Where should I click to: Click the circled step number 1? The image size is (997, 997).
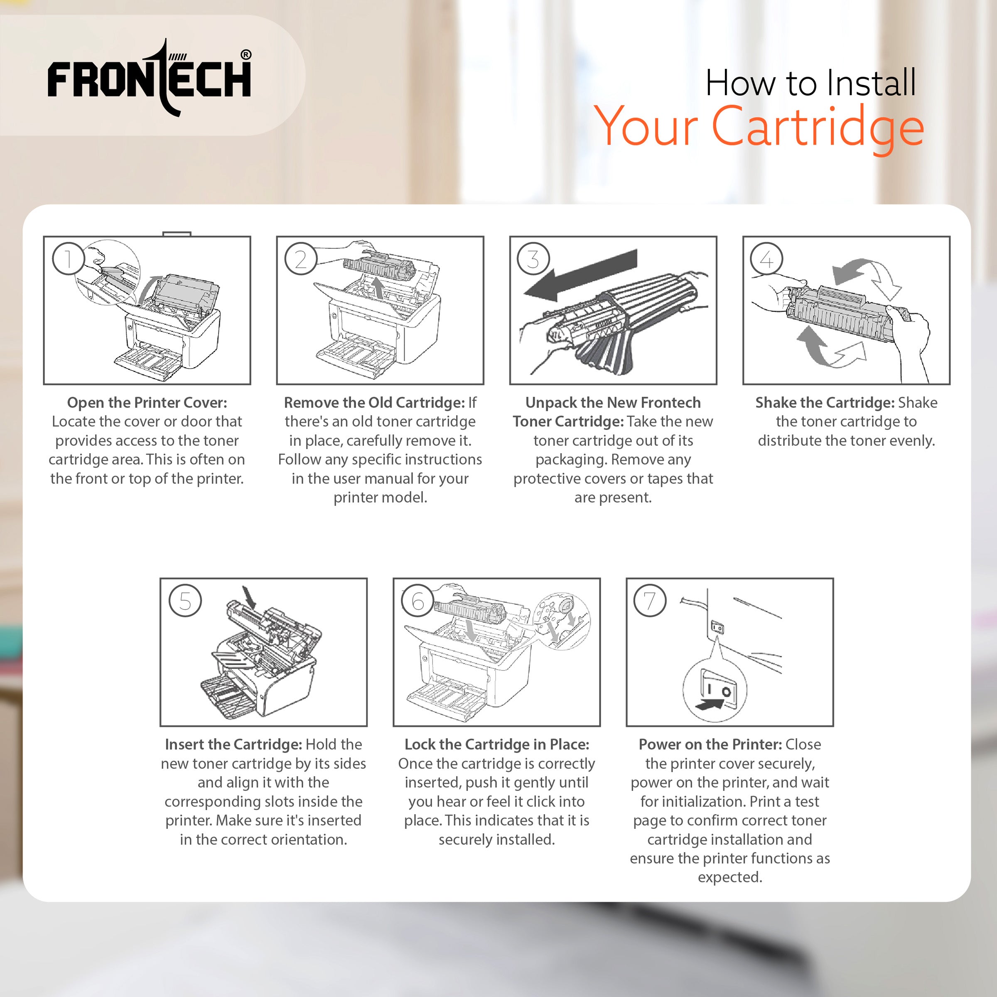coord(68,258)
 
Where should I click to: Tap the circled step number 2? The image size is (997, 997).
coord(301,258)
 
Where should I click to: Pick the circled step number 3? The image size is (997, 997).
coord(533,258)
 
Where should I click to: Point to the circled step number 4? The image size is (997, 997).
coord(766,258)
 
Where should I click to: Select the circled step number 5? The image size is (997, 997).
coord(185,601)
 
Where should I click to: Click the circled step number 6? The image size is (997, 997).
coord(418,601)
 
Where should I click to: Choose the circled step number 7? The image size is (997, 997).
coord(650,601)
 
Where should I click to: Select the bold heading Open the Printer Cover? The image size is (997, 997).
coord(147,403)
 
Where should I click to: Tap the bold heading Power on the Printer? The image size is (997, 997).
coord(710,744)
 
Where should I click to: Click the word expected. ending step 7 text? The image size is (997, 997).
coord(730,877)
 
